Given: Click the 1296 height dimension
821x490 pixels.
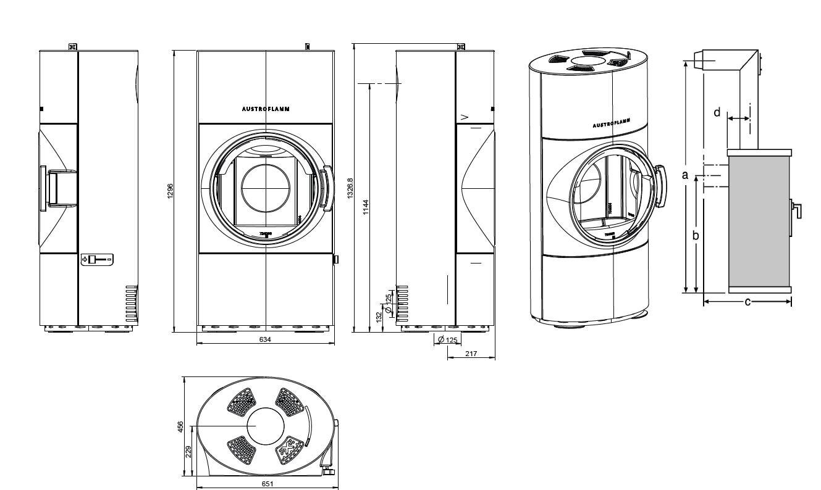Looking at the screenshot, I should click(x=171, y=191).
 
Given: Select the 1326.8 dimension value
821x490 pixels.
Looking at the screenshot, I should click(x=350, y=189).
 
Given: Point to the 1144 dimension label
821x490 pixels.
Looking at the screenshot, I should click(x=365, y=207).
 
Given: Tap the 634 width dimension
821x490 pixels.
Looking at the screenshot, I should click(x=265, y=339).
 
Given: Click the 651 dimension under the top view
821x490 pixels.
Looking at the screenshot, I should click(x=267, y=484).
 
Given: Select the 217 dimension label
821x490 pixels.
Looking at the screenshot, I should click(x=471, y=354).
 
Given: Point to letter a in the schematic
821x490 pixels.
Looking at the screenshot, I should click(x=684, y=175).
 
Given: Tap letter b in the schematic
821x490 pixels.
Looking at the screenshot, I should click(x=695, y=236).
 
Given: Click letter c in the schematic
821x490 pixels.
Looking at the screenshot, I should click(x=747, y=302).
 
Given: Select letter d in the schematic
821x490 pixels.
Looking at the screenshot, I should click(x=717, y=112).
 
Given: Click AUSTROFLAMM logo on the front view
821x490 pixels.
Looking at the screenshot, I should click(x=265, y=109).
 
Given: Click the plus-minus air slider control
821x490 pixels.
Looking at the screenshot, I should click(x=98, y=260).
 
